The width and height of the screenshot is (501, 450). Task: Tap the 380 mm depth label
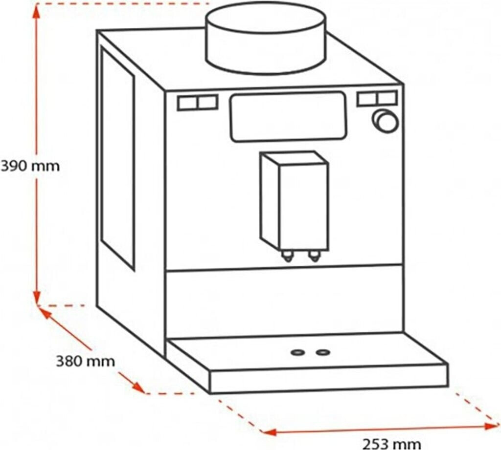point(85,362)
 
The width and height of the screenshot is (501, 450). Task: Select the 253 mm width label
point(391,444)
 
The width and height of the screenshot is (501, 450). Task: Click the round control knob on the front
point(386,121)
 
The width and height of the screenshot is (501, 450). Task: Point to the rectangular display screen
point(288,117)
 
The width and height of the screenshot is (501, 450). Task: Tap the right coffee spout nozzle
point(313,256)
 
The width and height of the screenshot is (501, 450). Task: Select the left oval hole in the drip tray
point(297,352)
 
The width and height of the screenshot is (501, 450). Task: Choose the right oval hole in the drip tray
point(322,352)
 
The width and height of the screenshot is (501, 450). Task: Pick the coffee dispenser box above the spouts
point(294,200)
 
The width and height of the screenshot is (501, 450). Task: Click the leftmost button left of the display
point(187,103)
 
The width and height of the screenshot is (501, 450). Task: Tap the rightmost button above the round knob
point(387,98)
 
